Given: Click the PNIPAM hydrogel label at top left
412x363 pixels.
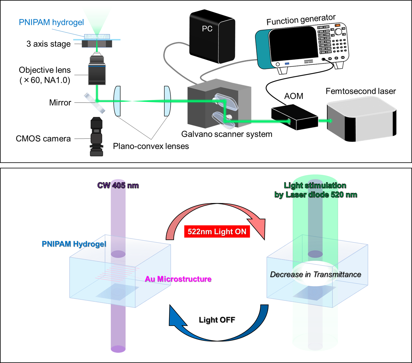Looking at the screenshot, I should (51, 22).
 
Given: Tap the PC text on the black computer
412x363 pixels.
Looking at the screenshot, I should (207, 29).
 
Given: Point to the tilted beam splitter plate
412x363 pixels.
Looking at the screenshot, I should (94, 103).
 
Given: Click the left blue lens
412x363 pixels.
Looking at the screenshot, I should (117, 101).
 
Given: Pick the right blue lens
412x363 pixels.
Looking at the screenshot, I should (167, 101).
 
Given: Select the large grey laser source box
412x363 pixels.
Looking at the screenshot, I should (362, 119).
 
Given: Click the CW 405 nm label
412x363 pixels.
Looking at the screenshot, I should (118, 185).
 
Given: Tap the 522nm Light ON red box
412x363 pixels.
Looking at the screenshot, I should (217, 232).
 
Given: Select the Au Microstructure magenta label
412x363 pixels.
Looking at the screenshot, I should (178, 279).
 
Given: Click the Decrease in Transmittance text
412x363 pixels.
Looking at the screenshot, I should (315, 275).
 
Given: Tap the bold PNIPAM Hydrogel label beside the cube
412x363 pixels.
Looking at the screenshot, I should (74, 244).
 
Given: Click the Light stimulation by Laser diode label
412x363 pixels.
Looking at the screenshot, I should (316, 190).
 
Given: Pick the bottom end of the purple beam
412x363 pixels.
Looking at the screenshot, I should (118, 349).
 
